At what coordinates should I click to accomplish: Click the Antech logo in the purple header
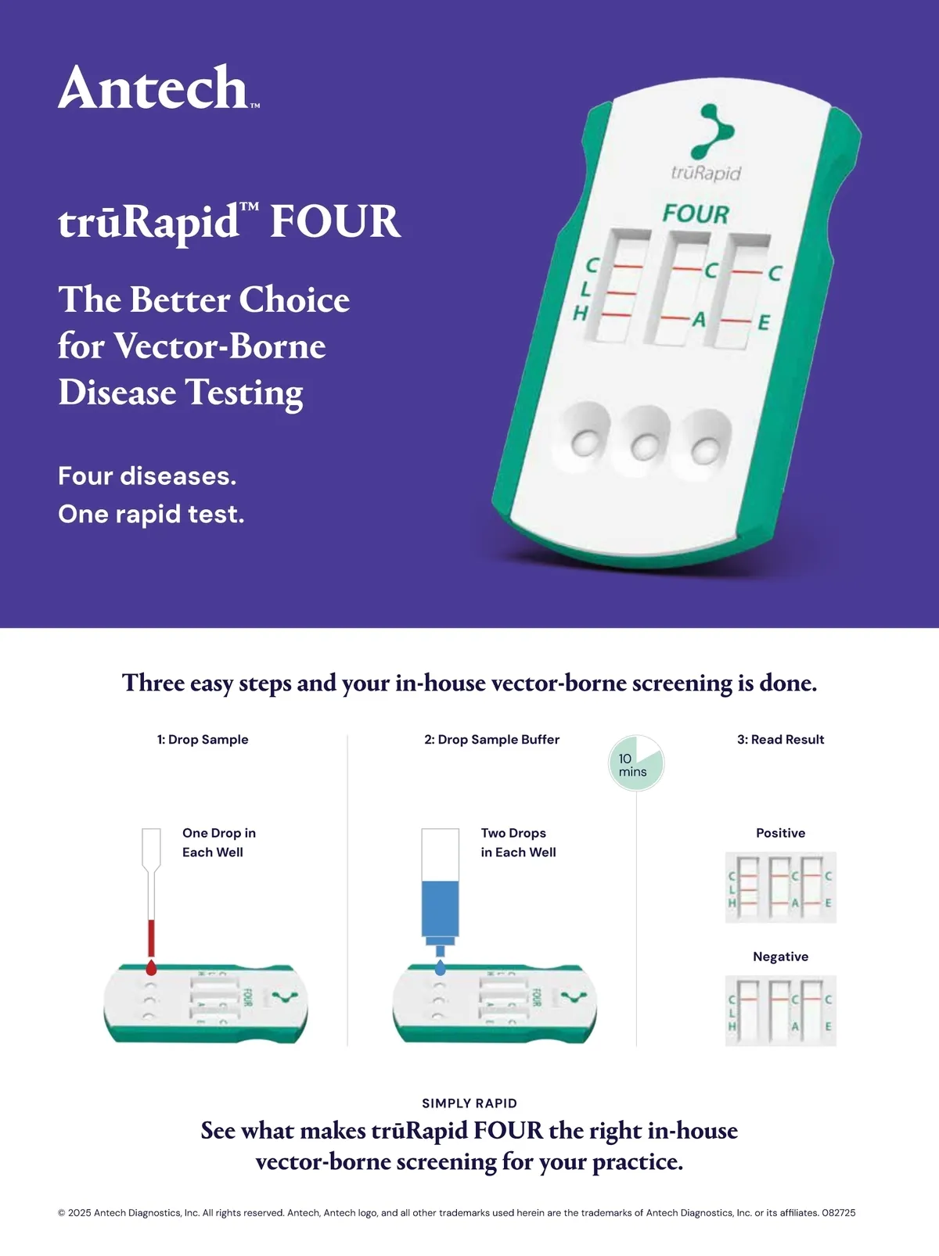click(x=159, y=86)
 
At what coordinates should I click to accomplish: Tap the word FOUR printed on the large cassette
click(x=696, y=214)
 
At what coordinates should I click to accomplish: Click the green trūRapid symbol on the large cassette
click(x=712, y=131)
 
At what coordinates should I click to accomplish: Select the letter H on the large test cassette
click(x=580, y=314)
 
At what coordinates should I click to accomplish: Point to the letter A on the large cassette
click(x=699, y=319)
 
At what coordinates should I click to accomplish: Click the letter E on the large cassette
click(x=764, y=323)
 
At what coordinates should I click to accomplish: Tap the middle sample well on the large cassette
click(x=646, y=446)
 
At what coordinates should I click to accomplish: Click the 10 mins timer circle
click(x=636, y=763)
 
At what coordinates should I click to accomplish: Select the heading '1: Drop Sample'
click(x=203, y=739)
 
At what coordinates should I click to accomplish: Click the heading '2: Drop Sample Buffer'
click(x=492, y=739)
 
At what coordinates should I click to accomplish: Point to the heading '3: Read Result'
click(x=780, y=739)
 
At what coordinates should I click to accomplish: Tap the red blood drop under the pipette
click(x=151, y=967)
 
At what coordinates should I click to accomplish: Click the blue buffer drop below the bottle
click(x=440, y=967)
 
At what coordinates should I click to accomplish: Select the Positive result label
click(x=780, y=833)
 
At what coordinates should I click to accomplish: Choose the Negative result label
click(x=780, y=956)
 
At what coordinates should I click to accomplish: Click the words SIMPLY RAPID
click(x=469, y=1103)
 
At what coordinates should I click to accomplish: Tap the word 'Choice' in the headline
click(x=294, y=300)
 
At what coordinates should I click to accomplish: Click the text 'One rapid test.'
click(x=151, y=515)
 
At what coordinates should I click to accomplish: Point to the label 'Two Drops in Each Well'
click(x=518, y=842)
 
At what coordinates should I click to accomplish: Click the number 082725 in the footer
click(x=839, y=1212)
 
